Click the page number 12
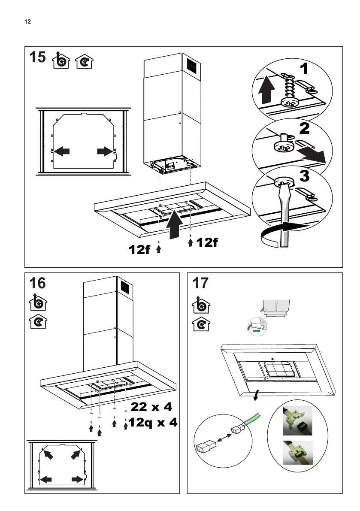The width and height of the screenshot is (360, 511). pos(27,21)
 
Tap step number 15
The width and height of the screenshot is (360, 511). pos(37,58)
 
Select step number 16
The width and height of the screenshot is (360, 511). pos(37,284)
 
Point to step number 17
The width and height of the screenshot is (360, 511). pos(200,284)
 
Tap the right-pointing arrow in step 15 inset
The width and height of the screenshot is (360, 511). pos(105,151)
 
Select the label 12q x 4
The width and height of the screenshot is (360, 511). pos(153,423)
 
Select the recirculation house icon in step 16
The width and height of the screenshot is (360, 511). pos(37,322)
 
